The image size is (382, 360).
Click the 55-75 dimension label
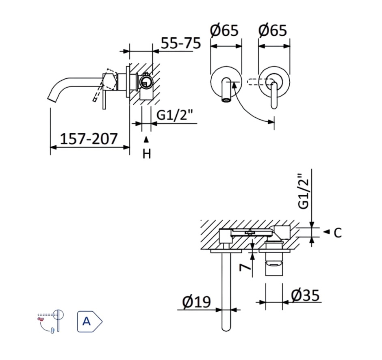click(x=180, y=43)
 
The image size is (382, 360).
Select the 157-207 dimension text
click(x=89, y=139)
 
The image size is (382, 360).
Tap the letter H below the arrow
click(x=146, y=154)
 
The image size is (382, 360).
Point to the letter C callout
click(x=337, y=233)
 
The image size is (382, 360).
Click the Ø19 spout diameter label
click(x=197, y=302)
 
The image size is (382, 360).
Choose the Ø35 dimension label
click(x=305, y=295)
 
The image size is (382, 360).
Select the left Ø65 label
click(x=224, y=31)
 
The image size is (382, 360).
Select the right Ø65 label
click(x=273, y=31)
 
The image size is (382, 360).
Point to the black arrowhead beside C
click(x=326, y=232)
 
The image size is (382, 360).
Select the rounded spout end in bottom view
click(x=226, y=327)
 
